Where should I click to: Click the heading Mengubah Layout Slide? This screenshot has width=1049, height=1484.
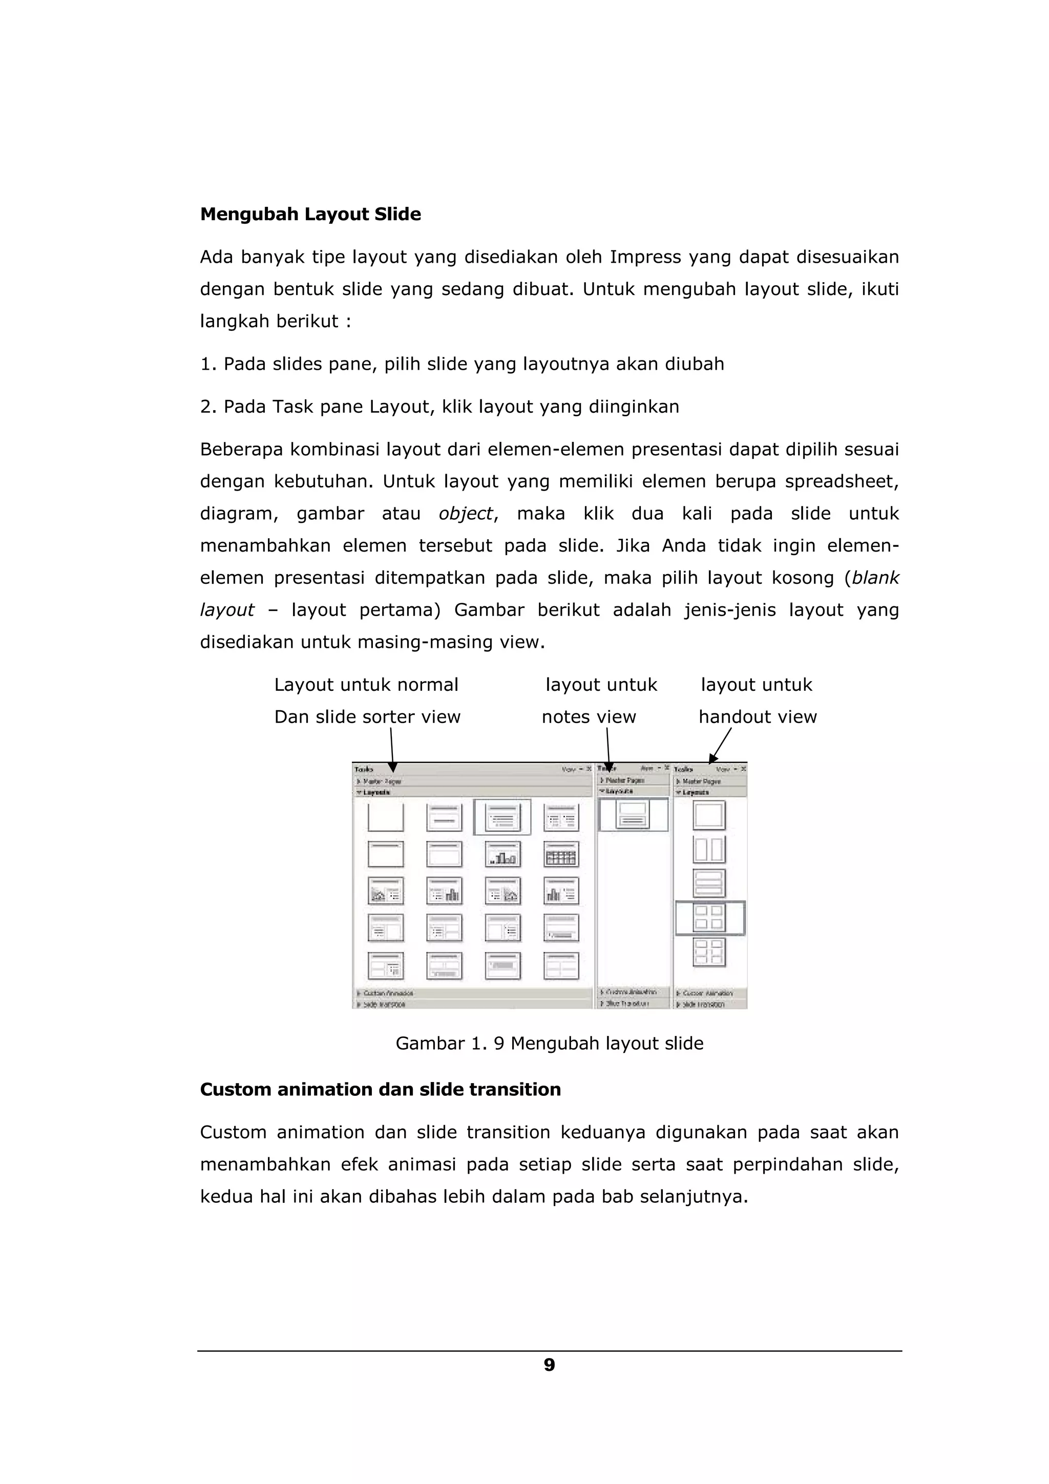[310, 214]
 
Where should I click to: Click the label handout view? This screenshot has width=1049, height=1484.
[758, 717]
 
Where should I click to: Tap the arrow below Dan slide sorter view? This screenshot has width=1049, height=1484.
[392, 750]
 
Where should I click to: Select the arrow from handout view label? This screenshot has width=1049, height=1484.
[721, 747]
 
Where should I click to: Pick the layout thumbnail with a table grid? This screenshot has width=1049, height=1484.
[560, 855]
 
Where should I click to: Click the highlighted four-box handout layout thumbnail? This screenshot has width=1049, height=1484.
[709, 918]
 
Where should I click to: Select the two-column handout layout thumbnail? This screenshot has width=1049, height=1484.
[708, 850]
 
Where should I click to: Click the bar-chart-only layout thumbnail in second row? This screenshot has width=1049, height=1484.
[502, 855]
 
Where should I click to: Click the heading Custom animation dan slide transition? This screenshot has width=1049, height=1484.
[380, 1089]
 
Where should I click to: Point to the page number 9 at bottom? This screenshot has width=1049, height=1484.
[549, 1364]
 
